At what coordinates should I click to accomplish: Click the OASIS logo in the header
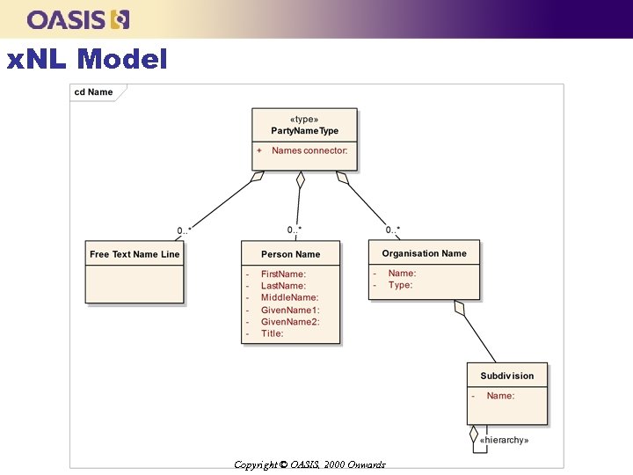click(78, 19)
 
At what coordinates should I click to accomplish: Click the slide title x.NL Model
click(86, 60)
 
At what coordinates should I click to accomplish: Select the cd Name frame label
click(93, 91)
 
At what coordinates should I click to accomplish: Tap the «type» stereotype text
click(304, 119)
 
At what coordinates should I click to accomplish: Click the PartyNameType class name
click(304, 131)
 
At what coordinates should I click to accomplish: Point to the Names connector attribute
click(309, 150)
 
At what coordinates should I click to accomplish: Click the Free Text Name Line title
click(135, 254)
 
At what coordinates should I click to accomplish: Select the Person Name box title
click(290, 254)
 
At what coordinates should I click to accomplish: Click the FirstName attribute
click(283, 274)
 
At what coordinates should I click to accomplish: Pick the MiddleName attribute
click(289, 298)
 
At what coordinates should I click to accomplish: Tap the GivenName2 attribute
click(290, 322)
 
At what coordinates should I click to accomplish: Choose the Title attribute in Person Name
click(272, 333)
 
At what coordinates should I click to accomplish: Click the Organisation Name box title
click(424, 253)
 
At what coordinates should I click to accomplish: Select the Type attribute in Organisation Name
click(400, 285)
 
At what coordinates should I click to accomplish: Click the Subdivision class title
click(506, 376)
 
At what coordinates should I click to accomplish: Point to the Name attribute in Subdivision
click(500, 396)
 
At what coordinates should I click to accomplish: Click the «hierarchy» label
click(504, 440)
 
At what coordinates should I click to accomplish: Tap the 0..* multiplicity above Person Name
click(295, 230)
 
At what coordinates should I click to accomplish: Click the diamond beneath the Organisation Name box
click(459, 308)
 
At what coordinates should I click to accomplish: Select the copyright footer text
click(309, 464)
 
